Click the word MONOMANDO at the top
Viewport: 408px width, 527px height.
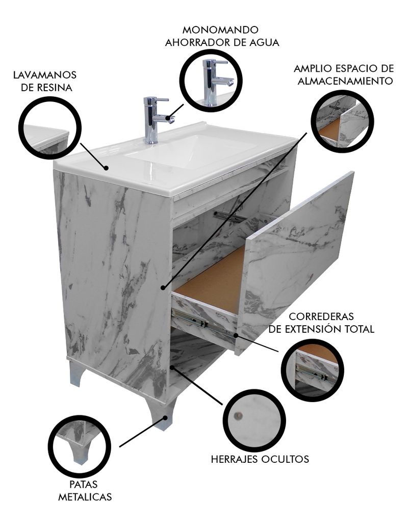point(220,30)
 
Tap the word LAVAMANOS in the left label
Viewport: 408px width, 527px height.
point(45,74)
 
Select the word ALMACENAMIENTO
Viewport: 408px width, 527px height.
point(345,81)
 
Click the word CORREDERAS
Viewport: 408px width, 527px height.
point(321,317)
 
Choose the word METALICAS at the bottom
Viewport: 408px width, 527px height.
point(85,497)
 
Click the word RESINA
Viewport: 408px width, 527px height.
point(55,88)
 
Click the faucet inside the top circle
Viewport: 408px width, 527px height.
point(217,82)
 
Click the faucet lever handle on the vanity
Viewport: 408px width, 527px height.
point(161,100)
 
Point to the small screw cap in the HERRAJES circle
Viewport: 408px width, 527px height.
point(238,416)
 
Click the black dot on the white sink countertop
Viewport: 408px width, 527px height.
point(106,167)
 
